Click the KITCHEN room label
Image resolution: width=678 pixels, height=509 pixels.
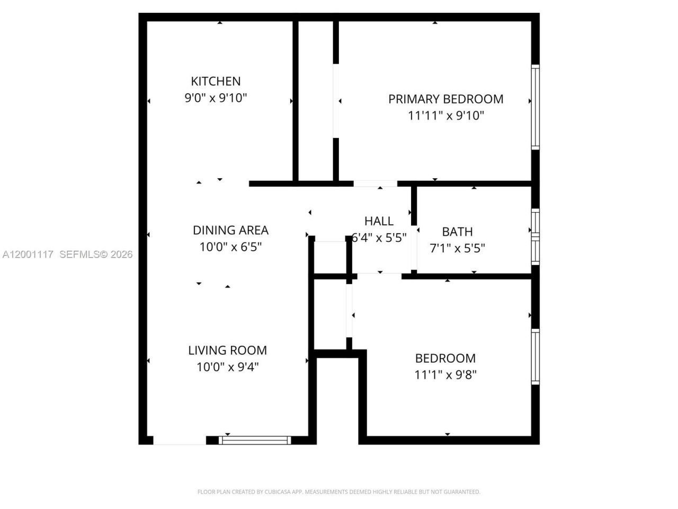(216, 81)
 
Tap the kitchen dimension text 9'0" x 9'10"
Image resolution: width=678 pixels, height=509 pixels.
(216, 98)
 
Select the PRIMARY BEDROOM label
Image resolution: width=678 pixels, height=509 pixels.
(445, 99)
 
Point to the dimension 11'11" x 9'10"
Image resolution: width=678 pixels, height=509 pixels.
(445, 116)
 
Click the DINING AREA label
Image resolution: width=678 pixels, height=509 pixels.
(230, 230)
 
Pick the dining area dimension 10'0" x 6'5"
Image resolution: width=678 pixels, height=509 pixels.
(230, 247)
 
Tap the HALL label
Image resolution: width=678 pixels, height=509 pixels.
(379, 221)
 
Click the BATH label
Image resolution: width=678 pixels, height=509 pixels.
(457, 232)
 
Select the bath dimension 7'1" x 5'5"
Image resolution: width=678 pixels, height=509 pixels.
(457, 248)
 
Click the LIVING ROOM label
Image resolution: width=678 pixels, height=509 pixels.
(227, 350)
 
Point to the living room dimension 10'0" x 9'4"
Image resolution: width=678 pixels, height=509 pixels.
(227, 367)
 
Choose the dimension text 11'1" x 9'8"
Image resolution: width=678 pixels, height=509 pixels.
(445, 375)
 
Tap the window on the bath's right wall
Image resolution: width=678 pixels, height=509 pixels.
(535, 237)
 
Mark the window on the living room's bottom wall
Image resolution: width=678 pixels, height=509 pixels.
(255, 440)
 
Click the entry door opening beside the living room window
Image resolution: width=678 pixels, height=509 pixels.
(180, 441)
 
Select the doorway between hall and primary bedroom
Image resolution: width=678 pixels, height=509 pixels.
(375, 184)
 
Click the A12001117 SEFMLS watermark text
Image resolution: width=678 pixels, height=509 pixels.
(67, 254)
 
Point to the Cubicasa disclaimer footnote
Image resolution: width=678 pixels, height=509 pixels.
(338, 492)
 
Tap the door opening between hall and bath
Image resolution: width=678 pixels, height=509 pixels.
(414, 248)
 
